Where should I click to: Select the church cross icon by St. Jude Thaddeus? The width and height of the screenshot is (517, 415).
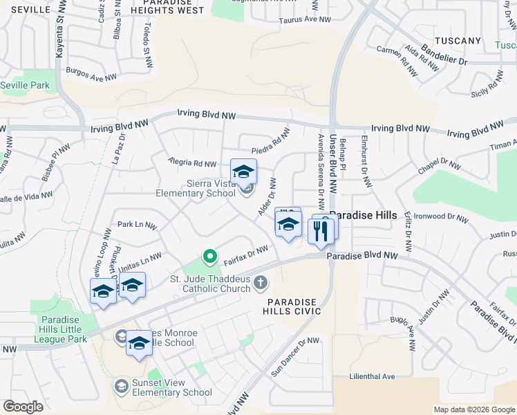261,282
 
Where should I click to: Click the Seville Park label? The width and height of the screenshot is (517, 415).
25,85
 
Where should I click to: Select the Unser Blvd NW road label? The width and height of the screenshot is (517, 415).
332,164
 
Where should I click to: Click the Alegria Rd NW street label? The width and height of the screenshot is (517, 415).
193,163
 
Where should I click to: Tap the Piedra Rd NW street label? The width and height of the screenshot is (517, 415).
270,140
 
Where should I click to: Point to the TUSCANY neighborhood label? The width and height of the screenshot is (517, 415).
457,41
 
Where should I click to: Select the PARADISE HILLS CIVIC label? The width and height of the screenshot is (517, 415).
294,307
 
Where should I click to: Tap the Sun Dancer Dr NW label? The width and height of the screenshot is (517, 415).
296,356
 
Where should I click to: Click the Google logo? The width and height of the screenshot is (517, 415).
23,407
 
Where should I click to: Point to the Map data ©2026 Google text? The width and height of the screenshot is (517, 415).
474,409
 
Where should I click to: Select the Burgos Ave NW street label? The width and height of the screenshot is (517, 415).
92,71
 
